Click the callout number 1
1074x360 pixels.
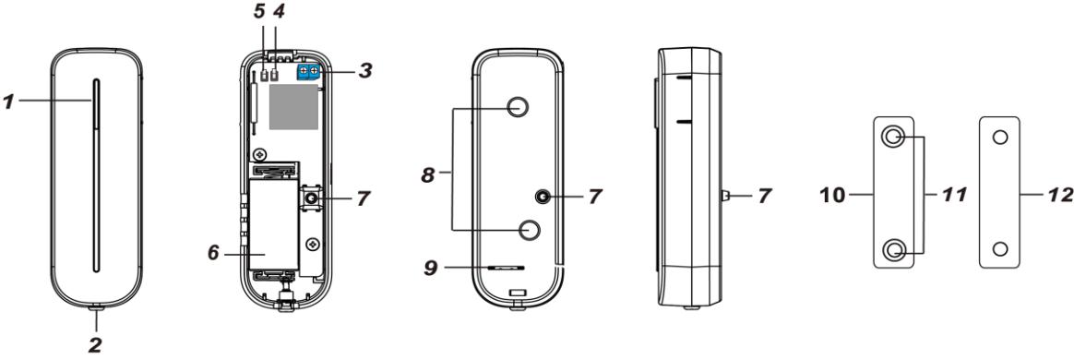(x=7, y=102)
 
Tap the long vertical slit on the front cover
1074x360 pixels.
(x=97, y=175)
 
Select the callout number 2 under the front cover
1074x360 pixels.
(x=96, y=344)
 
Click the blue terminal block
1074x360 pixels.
(x=310, y=73)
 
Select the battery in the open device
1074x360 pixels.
(x=273, y=222)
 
